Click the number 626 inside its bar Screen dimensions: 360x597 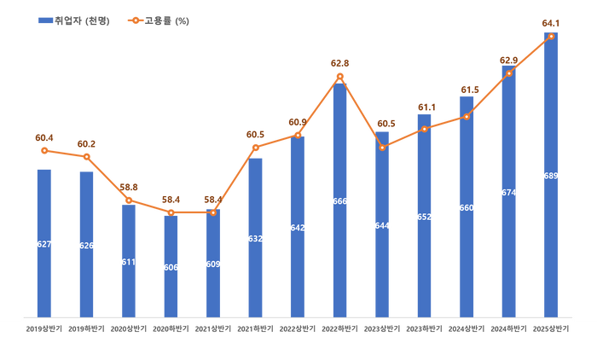pyautogui.click(x=86, y=246)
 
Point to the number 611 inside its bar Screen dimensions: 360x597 pyautogui.click(x=128, y=262)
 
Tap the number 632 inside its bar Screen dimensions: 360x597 pyautogui.click(x=255, y=239)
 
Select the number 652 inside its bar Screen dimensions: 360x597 pyautogui.click(x=424, y=217)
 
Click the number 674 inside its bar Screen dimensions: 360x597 pyautogui.click(x=508, y=193)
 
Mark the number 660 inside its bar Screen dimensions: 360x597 pyautogui.click(x=466, y=207)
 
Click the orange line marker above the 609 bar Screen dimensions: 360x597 pyautogui.click(x=213, y=212)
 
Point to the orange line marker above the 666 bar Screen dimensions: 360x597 pyautogui.click(x=339, y=77)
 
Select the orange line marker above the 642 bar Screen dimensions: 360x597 pyautogui.click(x=298, y=135)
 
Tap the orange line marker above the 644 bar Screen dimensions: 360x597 pyautogui.click(x=382, y=148)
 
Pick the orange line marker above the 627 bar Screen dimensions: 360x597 pyautogui.click(x=44, y=151)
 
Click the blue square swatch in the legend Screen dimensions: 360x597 pyautogui.click(x=44, y=20)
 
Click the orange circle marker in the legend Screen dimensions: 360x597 pyautogui.click(x=136, y=20)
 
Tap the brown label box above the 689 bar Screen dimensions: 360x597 pyautogui.click(x=550, y=23)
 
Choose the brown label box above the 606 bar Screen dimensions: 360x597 pyautogui.click(x=171, y=199)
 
